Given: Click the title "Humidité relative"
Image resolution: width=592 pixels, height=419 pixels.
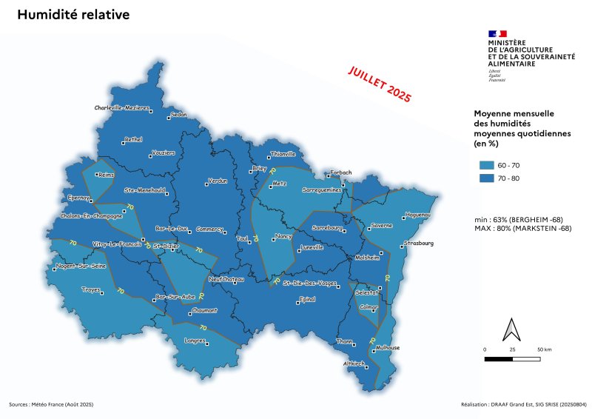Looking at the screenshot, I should click(x=73, y=16).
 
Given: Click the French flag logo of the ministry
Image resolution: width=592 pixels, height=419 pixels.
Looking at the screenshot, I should click(x=497, y=33).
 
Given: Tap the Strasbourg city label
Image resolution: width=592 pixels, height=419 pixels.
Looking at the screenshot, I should click(x=418, y=243).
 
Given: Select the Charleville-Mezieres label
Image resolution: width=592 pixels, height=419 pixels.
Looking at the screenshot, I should click(x=121, y=107).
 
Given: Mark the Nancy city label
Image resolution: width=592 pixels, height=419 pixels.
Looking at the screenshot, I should click(x=283, y=236).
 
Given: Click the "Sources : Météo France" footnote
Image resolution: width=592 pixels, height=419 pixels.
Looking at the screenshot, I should click(x=51, y=405).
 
